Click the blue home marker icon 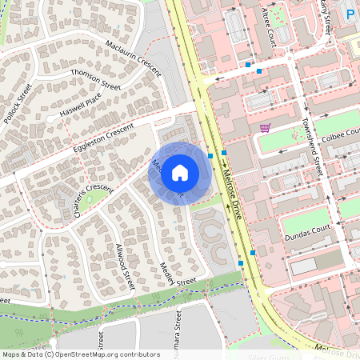pos(180,172)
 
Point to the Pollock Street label pos(18,102)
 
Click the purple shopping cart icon pos(264,128)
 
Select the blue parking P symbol pos(350,13)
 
